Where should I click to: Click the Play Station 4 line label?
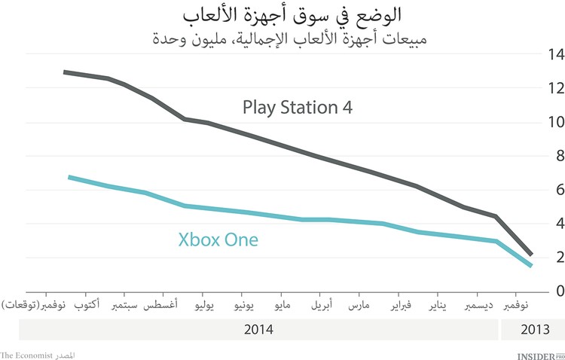298,107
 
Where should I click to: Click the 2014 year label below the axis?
259,330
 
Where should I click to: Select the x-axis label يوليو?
207,307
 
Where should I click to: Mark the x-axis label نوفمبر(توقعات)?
34,307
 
